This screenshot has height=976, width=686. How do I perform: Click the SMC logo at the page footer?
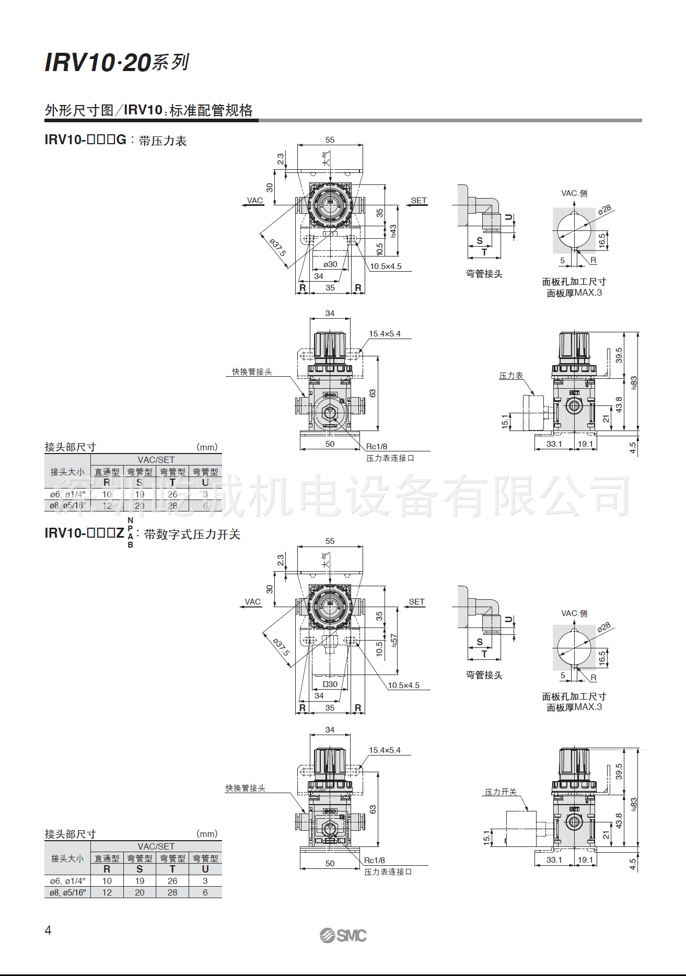click(x=343, y=935)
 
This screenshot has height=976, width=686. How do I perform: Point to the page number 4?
click(x=48, y=930)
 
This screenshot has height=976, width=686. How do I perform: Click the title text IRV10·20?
click(x=98, y=63)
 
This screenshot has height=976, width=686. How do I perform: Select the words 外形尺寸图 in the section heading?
click(x=79, y=110)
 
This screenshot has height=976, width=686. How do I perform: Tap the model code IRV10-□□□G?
click(x=86, y=140)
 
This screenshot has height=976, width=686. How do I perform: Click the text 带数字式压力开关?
click(x=192, y=534)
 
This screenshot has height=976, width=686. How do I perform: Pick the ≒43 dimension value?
click(x=393, y=230)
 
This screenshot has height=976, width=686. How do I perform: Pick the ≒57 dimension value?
click(x=393, y=640)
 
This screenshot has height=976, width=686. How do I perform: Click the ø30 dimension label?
click(x=330, y=264)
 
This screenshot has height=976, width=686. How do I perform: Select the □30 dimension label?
click(x=330, y=684)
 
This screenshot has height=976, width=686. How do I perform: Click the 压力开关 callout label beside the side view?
click(x=501, y=792)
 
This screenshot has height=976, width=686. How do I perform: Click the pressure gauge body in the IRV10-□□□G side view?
click(x=533, y=413)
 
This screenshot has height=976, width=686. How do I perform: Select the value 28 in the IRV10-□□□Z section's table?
click(x=172, y=892)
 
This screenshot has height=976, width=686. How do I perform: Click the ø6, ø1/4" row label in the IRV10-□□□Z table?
click(x=67, y=881)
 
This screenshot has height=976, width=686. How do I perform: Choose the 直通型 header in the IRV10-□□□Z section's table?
click(x=107, y=858)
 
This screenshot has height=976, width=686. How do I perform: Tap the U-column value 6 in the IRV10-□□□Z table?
click(x=205, y=892)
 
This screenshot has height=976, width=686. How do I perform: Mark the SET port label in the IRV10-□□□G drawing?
click(x=418, y=200)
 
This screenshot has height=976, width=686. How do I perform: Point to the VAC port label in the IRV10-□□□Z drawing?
click(x=253, y=601)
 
